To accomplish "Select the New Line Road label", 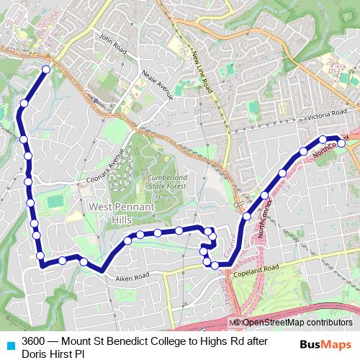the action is (202, 68).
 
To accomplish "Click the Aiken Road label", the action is (130, 276).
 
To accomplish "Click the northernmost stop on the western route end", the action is (46, 70).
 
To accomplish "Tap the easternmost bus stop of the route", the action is (341, 143).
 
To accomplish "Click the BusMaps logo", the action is (325, 343).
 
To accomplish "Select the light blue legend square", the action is (10, 344).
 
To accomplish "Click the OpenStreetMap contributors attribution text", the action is (296, 323).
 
